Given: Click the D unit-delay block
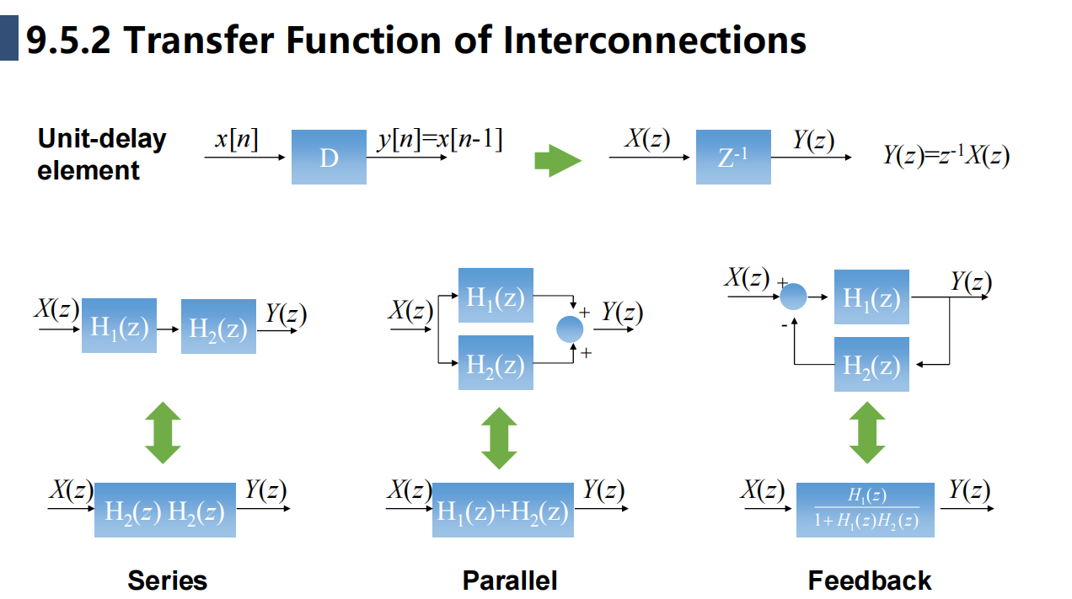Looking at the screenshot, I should coord(329,157).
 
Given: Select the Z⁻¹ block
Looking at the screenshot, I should coord(733,157).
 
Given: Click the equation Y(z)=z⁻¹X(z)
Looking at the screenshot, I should coord(946,156).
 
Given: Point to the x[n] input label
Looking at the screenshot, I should coord(237,139).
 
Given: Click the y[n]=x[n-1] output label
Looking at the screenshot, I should coord(439,139).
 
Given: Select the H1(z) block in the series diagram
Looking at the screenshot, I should coord(120,326).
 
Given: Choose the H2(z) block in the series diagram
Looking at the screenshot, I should coord(218,327).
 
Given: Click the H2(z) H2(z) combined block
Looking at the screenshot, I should coord(165,511).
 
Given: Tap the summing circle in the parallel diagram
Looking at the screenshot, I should coord(571,329).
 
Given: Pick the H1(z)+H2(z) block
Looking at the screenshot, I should coord(502,511).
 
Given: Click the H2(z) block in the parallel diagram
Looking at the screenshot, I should coord(496,363).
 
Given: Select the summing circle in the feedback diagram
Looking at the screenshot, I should coord(793,296).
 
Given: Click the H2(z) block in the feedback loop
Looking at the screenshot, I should coord(871,364).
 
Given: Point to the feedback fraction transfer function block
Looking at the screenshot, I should coord(866,510).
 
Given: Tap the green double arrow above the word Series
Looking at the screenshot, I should coord(163,433).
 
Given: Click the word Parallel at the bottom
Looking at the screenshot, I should coord(510,580).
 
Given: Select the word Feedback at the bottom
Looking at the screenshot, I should coord(870,580).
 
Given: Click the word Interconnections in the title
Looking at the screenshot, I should coord(655,40).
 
